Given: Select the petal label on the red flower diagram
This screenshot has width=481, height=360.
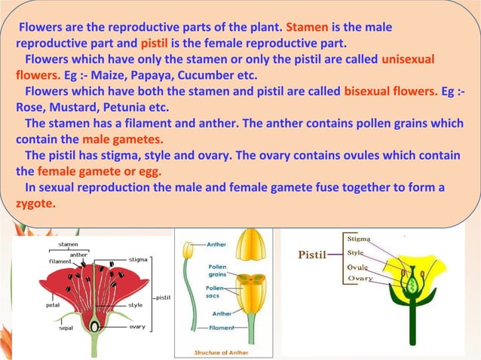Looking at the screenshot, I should [53, 306].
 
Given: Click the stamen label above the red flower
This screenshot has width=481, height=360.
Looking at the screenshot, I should [69, 245].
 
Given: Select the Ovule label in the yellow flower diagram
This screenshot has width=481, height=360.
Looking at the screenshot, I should [358, 267].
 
